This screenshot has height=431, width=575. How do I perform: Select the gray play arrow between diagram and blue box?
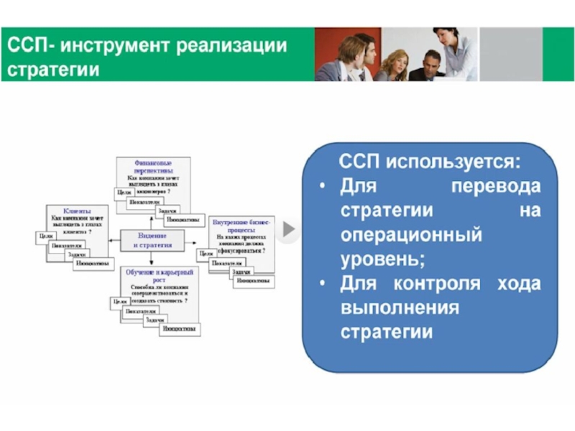click(288, 230)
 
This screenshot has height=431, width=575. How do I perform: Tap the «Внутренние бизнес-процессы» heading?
click(238, 225)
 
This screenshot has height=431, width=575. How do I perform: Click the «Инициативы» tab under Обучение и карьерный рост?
click(180, 328)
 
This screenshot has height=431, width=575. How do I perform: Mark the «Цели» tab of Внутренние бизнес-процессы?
click(206, 254)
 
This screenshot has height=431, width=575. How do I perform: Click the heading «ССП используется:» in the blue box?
click(430, 161)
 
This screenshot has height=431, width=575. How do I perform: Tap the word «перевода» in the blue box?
click(495, 187)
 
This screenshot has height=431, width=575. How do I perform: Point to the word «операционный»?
click(410, 235)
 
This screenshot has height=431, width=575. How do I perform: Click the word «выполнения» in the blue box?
click(400, 308)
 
